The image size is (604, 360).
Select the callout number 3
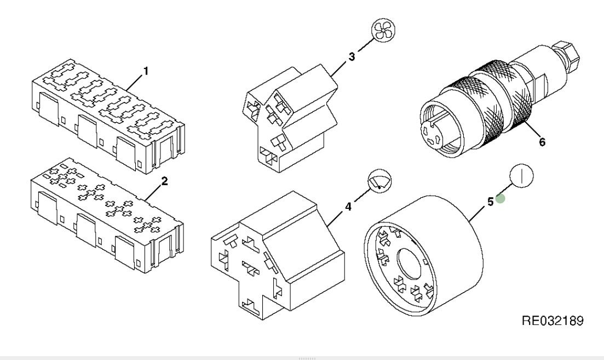tap(352, 56)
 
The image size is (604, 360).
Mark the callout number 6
tap(542, 142)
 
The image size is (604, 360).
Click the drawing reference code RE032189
tap(554, 319)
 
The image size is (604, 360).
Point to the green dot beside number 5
tap(501, 200)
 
